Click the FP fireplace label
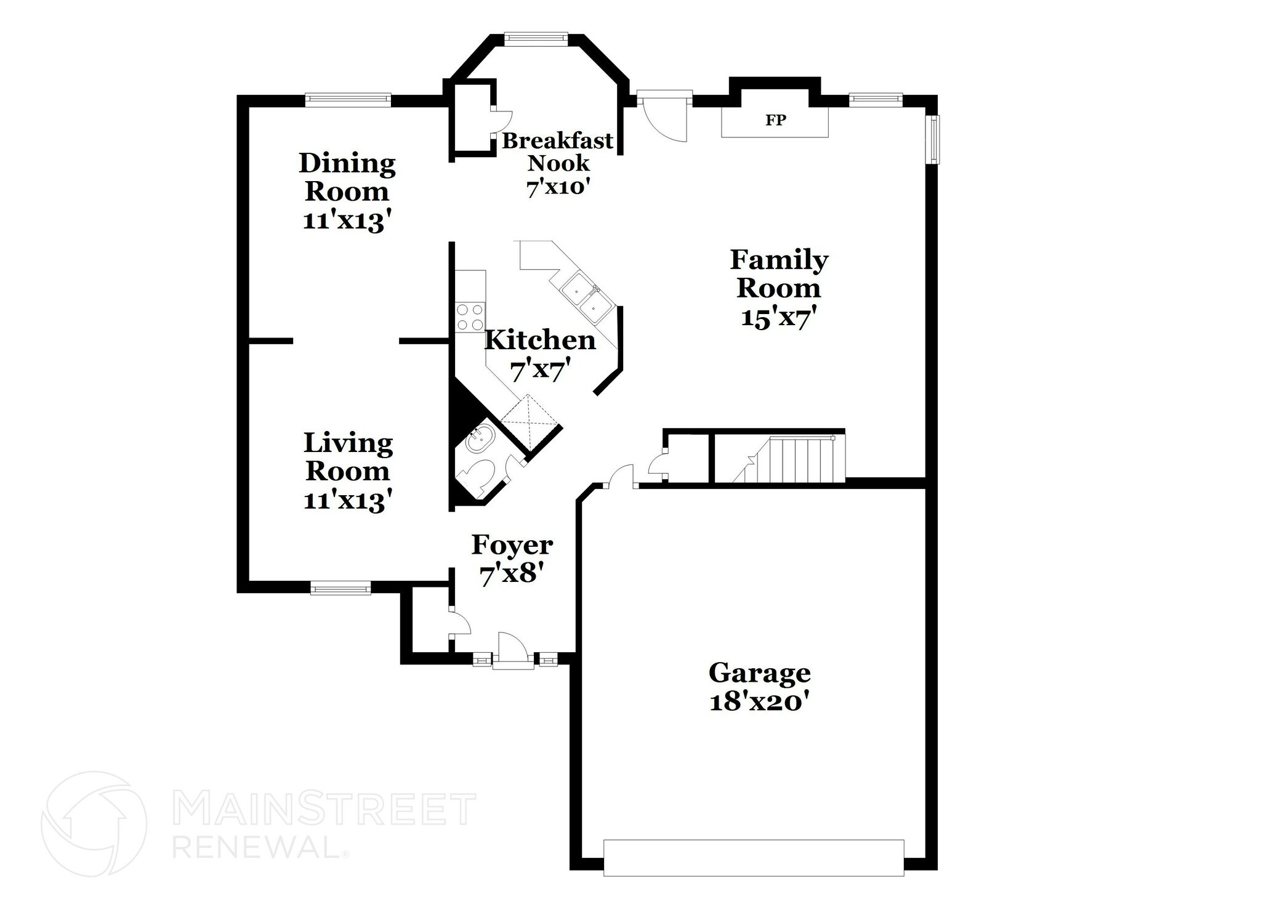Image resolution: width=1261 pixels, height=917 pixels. coord(775,120)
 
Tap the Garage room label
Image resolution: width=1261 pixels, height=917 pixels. coord(759,673)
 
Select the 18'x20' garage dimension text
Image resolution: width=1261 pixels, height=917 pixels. coord(759,702)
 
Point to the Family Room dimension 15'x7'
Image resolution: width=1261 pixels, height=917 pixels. coord(779,318)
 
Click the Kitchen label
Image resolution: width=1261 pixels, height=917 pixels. coord(540,340)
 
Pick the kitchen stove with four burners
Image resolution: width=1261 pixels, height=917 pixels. coord(470,318)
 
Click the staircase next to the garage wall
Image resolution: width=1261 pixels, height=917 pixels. coord(794,459)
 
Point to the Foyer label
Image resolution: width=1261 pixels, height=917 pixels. coord(512,545)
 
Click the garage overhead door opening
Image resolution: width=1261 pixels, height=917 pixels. coord(754,857)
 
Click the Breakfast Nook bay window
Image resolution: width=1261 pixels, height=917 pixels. coord(535,38)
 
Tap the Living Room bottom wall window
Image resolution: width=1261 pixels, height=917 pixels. coord(340,588)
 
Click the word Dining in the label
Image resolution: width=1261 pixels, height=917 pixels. coord(347,164)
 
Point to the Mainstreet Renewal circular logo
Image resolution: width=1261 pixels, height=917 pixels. coord(94,824)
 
